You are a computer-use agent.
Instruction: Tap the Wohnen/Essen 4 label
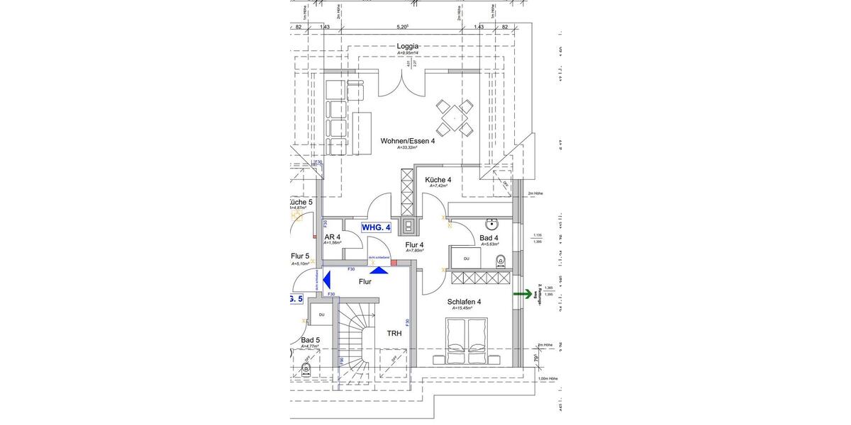(408, 141)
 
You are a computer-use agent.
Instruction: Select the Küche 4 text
(438, 180)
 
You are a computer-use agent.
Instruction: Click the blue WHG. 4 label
(376, 227)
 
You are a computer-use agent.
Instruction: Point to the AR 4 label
(332, 237)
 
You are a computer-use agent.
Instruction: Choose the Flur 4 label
(414, 245)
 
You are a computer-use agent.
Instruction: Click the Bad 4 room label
(489, 238)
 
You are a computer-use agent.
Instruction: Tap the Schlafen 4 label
(464, 302)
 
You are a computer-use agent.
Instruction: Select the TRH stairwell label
(394, 333)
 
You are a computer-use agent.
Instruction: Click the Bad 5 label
(310, 341)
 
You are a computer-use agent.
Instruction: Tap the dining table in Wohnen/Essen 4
(454, 118)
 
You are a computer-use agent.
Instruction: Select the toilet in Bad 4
(500, 259)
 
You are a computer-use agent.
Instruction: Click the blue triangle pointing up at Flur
(379, 269)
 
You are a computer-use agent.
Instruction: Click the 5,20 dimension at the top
(403, 27)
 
